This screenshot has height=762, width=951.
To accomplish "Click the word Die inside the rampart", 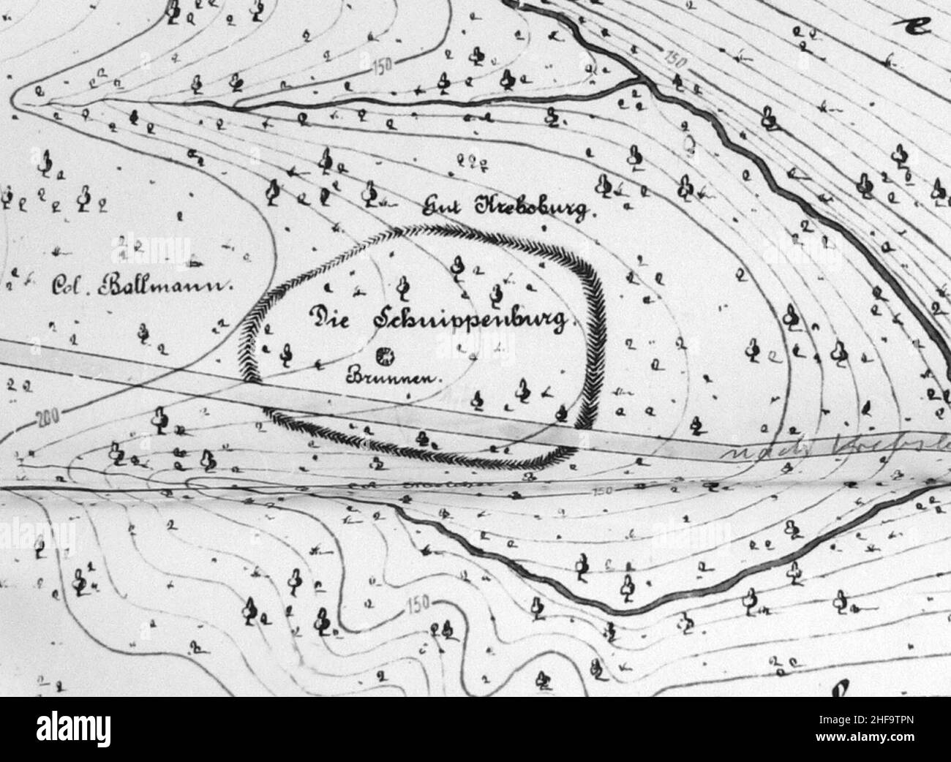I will point(331,317).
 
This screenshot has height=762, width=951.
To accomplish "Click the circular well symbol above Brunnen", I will point(383,357).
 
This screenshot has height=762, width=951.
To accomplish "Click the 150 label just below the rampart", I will point(604,489).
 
